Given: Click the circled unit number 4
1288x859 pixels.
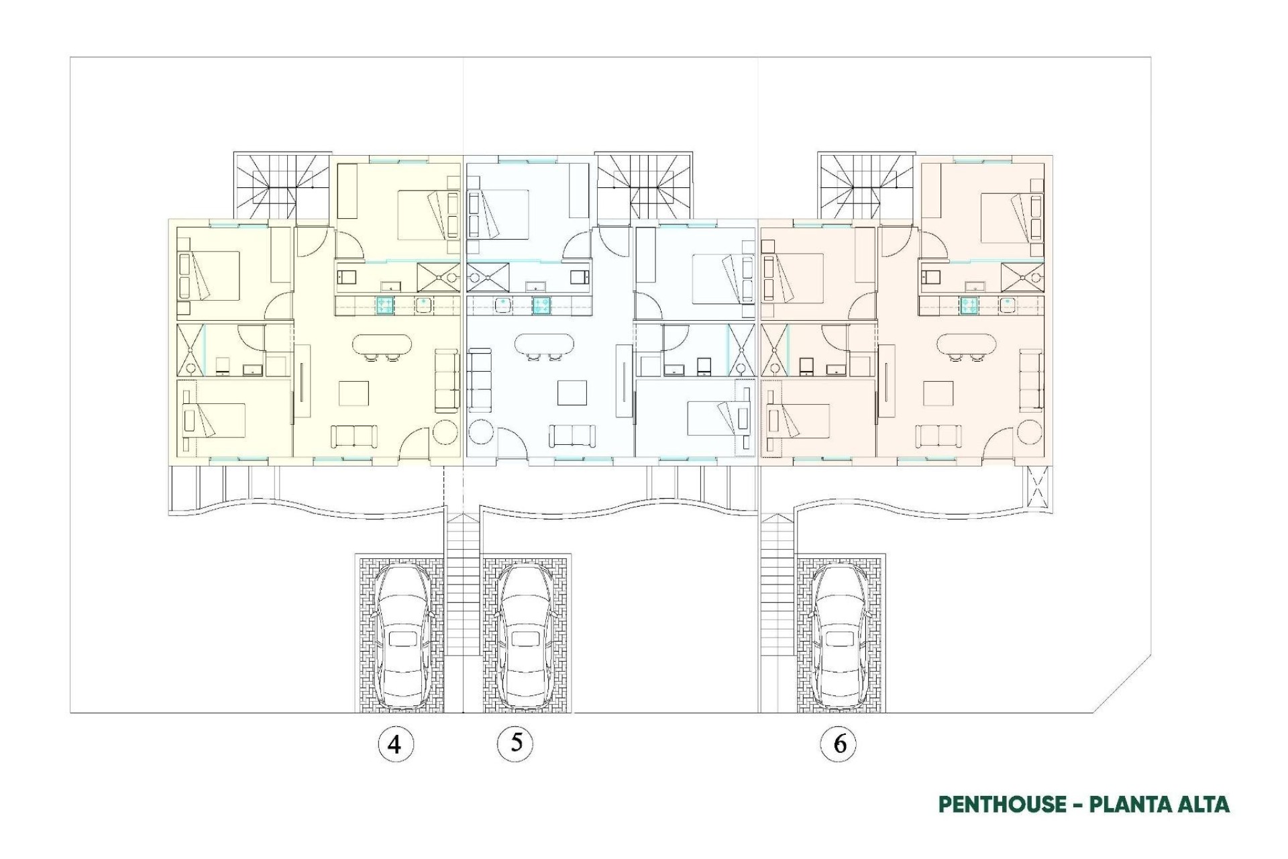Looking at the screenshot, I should [395, 744].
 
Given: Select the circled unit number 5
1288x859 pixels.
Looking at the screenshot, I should [516, 743].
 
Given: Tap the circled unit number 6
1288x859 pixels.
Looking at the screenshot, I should [839, 744].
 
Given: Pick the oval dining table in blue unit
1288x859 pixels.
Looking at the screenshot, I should [544, 345].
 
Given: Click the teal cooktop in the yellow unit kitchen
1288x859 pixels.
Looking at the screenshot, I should [385, 305].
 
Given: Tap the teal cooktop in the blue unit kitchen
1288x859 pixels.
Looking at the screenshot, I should [542, 305].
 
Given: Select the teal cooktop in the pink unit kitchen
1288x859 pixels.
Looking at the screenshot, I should [968, 305].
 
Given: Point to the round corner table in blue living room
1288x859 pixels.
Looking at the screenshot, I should [481, 432].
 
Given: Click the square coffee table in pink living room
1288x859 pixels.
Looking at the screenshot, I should [937, 393].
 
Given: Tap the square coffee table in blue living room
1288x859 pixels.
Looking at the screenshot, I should [574, 393].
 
